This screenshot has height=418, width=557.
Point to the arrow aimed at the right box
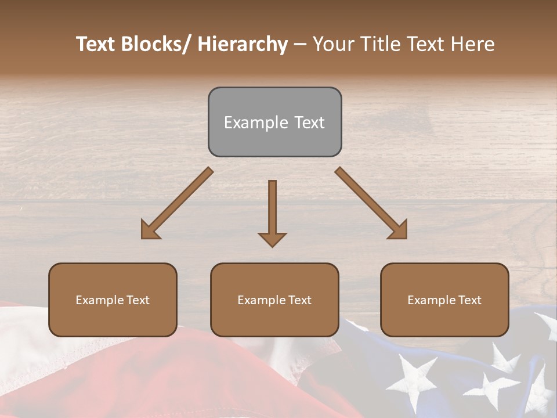click(x=371, y=203)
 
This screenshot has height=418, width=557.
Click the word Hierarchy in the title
click(x=243, y=44)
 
